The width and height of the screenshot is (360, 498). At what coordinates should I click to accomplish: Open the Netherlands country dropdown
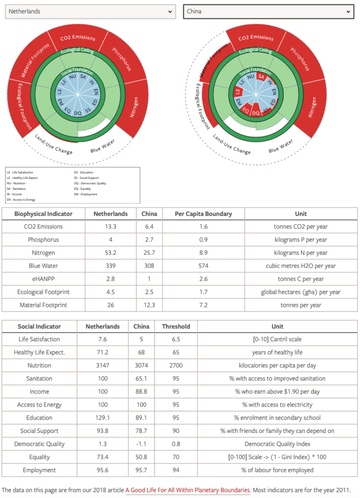pos(90,11)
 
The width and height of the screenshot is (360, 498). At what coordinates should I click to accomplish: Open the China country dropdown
pos(268,11)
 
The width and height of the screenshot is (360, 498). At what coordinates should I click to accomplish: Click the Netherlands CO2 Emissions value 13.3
pos(110,227)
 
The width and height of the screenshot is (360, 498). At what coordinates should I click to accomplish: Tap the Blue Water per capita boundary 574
pos(203,266)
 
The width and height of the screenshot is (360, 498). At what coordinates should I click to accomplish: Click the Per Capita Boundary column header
pos(203,213)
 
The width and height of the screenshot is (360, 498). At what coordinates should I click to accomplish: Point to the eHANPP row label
pos(43,279)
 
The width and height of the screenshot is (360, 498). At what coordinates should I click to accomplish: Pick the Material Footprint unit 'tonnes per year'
pos(301,305)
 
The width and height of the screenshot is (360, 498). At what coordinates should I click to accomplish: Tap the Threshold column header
pos(176,326)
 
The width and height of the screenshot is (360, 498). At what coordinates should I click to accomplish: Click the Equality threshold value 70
pos(176,457)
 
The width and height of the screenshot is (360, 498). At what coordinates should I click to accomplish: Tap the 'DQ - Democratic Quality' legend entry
pos(90,183)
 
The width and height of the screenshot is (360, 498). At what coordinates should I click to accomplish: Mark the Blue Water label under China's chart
pos(281,145)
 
